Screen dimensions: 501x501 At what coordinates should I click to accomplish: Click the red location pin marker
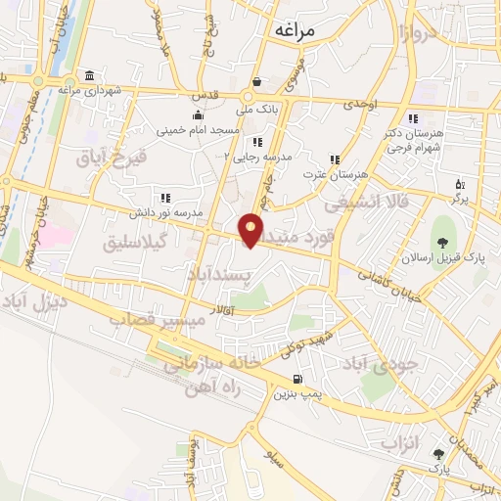251,229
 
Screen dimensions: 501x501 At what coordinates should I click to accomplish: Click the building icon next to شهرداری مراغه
89,76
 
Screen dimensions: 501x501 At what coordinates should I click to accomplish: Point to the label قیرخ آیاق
115,157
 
